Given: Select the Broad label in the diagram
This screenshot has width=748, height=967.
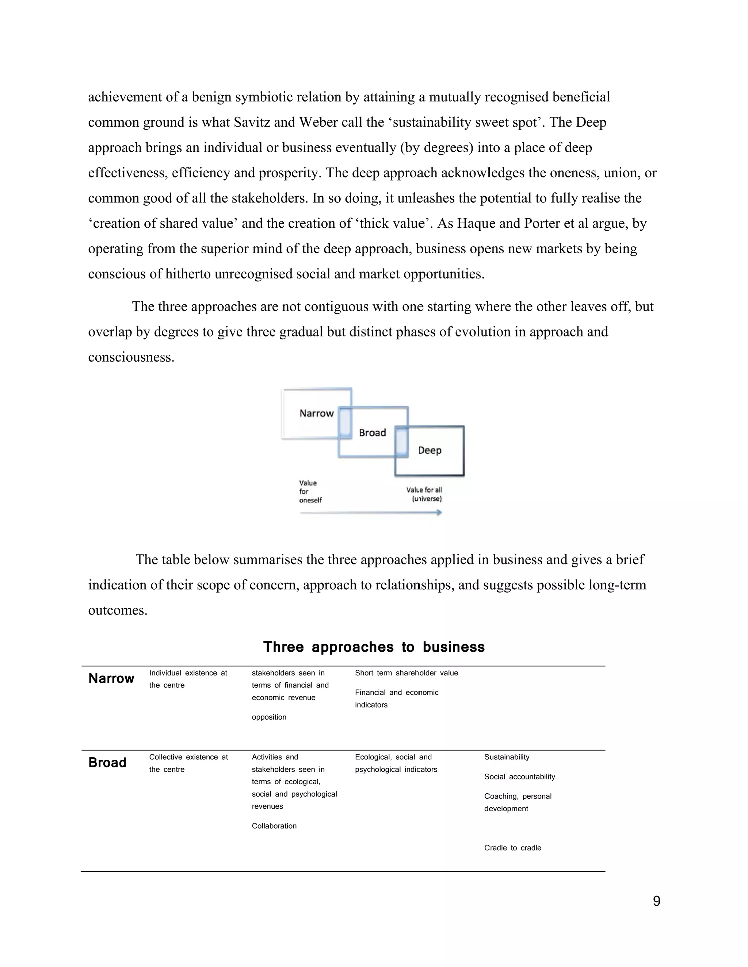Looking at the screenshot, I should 372,432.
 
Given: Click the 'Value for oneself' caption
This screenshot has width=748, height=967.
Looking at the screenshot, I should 310,492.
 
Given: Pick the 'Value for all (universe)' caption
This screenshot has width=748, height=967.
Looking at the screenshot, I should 424,494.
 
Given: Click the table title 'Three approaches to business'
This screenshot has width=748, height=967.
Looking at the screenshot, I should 374,647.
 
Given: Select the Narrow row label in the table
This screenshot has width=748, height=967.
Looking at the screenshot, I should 111,678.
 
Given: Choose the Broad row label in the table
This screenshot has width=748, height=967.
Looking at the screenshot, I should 107,762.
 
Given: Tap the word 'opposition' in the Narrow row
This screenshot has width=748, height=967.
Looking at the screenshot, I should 269,717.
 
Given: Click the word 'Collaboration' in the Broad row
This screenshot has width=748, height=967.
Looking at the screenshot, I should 274,826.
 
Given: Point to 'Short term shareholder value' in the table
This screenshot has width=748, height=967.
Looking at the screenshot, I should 407,673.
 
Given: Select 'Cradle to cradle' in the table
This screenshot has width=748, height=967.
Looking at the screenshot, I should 513,848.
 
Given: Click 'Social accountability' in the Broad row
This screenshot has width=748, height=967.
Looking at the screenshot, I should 519,777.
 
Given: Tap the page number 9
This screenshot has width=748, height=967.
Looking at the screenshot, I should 656,901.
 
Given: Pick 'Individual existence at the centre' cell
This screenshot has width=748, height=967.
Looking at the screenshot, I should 188,679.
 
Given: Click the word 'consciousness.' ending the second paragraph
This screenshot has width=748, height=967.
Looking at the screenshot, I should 131,357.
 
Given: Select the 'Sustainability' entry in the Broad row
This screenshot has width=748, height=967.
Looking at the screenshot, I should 507,757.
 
